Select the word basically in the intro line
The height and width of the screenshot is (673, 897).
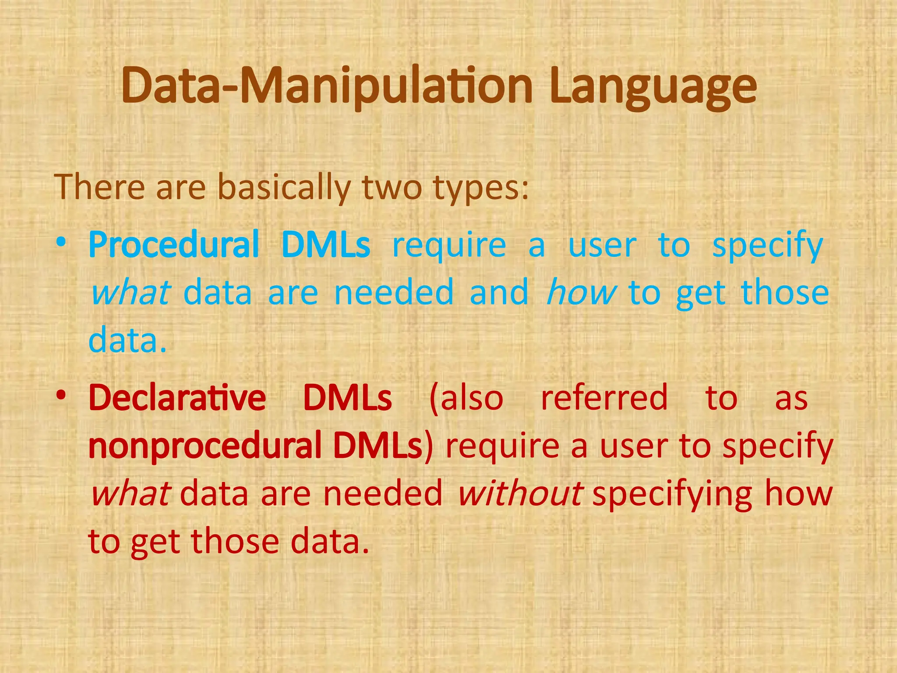[284, 188]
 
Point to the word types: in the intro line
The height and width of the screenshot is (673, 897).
[481, 188]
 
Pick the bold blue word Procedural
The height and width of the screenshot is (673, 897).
[174, 245]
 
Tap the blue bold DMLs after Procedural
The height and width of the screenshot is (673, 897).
[326, 245]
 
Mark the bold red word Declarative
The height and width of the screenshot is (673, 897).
[177, 398]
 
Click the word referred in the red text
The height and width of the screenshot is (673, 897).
[604, 398]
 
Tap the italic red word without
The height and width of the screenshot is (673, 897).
[519, 494]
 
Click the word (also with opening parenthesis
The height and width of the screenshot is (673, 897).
[466, 398]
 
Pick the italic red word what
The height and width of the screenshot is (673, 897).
[130, 494]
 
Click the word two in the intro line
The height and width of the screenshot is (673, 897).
[392, 188]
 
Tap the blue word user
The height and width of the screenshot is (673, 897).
[602, 245]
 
